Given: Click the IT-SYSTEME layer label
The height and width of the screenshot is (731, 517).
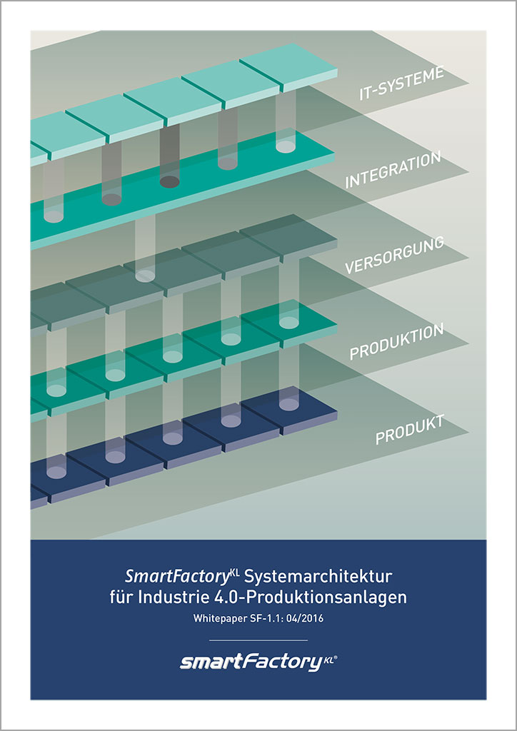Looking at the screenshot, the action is [x=401, y=84].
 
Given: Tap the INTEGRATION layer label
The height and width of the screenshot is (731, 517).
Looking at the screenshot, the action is [x=393, y=170].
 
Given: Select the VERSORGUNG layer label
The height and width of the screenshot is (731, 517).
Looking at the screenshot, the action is [x=394, y=255].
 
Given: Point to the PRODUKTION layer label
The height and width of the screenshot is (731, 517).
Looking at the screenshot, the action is [x=396, y=341].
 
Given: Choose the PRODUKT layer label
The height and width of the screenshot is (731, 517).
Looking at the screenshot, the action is [x=410, y=429].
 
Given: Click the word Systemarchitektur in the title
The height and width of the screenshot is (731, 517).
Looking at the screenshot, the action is [x=318, y=577].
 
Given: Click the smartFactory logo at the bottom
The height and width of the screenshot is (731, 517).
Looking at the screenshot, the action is [x=258, y=662].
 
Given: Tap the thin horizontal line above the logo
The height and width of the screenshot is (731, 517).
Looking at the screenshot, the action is [x=258, y=640].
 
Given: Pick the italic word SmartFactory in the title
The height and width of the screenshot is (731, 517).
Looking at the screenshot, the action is [x=182, y=577].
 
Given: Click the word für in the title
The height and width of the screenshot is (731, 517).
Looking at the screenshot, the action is [x=121, y=598].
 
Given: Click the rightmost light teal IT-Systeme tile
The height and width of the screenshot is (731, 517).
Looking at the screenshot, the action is [x=288, y=68].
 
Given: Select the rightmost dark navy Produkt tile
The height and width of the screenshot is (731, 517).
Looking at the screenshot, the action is [x=289, y=410].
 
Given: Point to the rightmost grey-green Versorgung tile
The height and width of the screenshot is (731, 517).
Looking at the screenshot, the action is [x=288, y=238].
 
